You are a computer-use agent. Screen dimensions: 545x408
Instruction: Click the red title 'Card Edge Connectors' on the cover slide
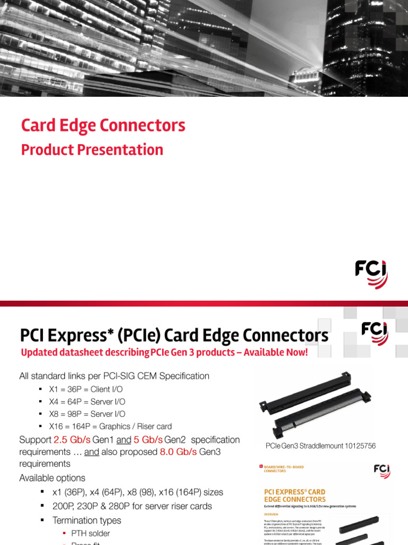pyautogui.click(x=103, y=126)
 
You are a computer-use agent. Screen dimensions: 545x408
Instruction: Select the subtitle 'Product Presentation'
pyautogui.click(x=92, y=150)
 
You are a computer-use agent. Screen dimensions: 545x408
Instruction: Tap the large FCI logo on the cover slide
pyautogui.click(x=371, y=274)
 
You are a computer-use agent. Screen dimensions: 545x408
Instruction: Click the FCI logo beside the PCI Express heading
pyautogui.click(x=375, y=333)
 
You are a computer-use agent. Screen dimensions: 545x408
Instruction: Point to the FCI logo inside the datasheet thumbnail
pyautogui.click(x=381, y=471)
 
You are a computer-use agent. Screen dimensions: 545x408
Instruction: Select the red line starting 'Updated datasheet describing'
pyautogui.click(x=164, y=352)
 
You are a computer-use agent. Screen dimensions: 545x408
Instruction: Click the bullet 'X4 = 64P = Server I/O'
pyautogui.click(x=87, y=402)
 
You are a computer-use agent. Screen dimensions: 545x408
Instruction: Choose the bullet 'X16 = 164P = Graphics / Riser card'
pyautogui.click(x=110, y=426)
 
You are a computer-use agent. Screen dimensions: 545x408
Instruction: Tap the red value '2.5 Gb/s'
pyautogui.click(x=72, y=440)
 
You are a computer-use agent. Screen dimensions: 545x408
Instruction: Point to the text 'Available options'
pyautogui.click(x=52, y=478)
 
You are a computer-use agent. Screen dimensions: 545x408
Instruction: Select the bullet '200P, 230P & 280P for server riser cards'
pyautogui.click(x=132, y=506)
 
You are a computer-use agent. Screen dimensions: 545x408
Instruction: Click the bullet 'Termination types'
pyautogui.click(x=87, y=521)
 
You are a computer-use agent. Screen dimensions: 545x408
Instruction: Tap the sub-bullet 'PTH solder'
pyautogui.click(x=90, y=533)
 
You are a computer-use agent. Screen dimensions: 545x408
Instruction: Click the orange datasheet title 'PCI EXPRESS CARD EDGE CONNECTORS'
pyautogui.click(x=295, y=496)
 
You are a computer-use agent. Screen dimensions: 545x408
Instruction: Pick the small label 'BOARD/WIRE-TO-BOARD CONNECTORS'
pyautogui.click(x=284, y=469)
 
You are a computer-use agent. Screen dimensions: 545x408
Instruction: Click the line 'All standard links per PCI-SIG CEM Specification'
pyautogui.click(x=114, y=376)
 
